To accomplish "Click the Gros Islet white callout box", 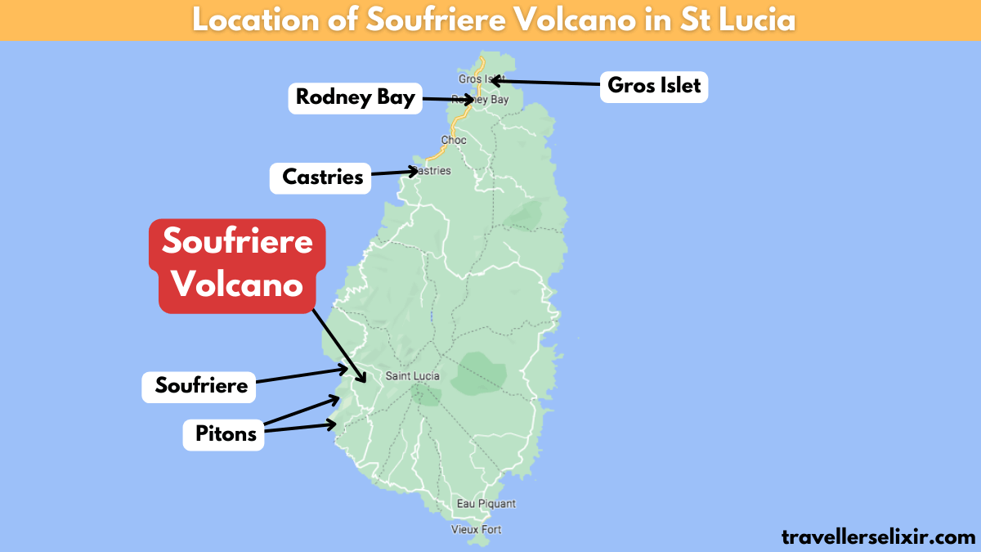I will pos(654,85).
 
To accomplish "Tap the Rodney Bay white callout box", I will pos(356,98).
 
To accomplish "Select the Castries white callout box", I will pos(321,177).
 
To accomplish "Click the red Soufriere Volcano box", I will pos(238,264).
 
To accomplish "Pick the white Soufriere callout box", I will pos(200,386).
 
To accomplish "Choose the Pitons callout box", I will pos(226,433).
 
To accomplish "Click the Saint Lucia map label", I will pos(412,376).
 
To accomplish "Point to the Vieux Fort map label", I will pos(477,529).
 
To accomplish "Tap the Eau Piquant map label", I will pos(486,504).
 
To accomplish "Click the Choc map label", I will pos(454,140).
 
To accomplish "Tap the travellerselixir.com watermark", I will pos(878,536).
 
